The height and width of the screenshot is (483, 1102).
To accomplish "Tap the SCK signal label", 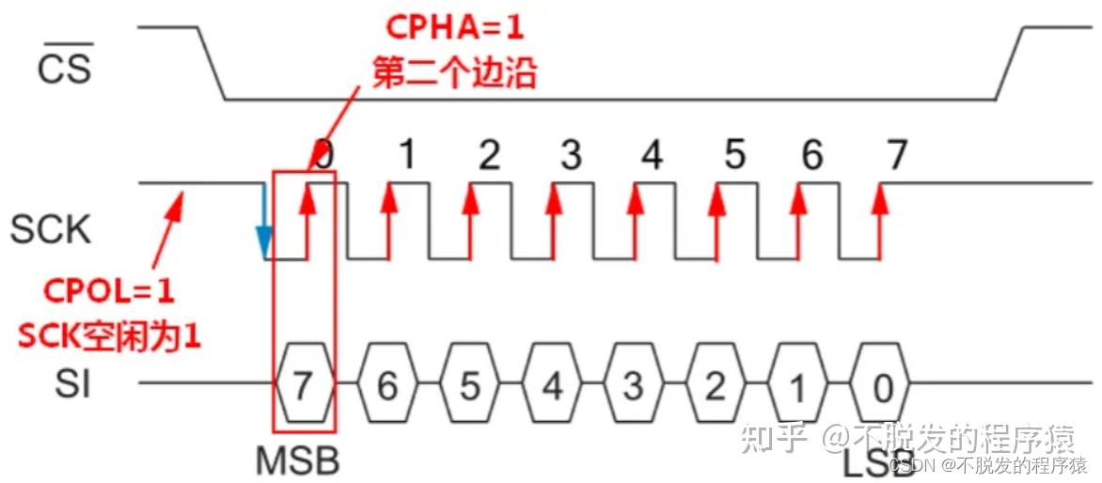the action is pos(51,229).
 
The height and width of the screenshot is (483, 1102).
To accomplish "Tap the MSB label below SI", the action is pos(297,460).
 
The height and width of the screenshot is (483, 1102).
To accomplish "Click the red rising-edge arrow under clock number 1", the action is pos(388,221).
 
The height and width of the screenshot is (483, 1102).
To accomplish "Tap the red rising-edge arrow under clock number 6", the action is pos(800,221).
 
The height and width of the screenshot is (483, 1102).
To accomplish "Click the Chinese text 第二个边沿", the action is pos(454,73).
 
